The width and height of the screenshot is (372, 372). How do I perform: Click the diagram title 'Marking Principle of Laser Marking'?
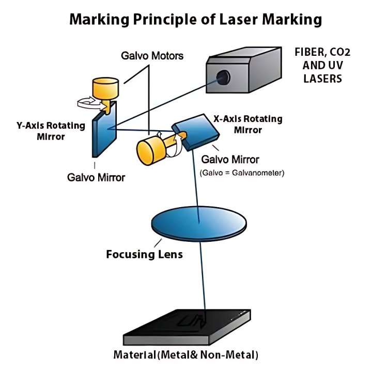pos(196,20)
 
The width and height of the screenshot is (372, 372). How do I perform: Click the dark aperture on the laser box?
pos(223,77)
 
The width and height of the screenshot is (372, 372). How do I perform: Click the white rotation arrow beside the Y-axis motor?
pos(88,102)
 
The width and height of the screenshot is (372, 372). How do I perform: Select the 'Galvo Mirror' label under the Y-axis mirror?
pos(96,178)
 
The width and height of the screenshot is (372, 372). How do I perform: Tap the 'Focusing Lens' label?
pos(144,255)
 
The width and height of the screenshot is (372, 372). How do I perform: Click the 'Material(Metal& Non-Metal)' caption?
pos(185,355)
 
